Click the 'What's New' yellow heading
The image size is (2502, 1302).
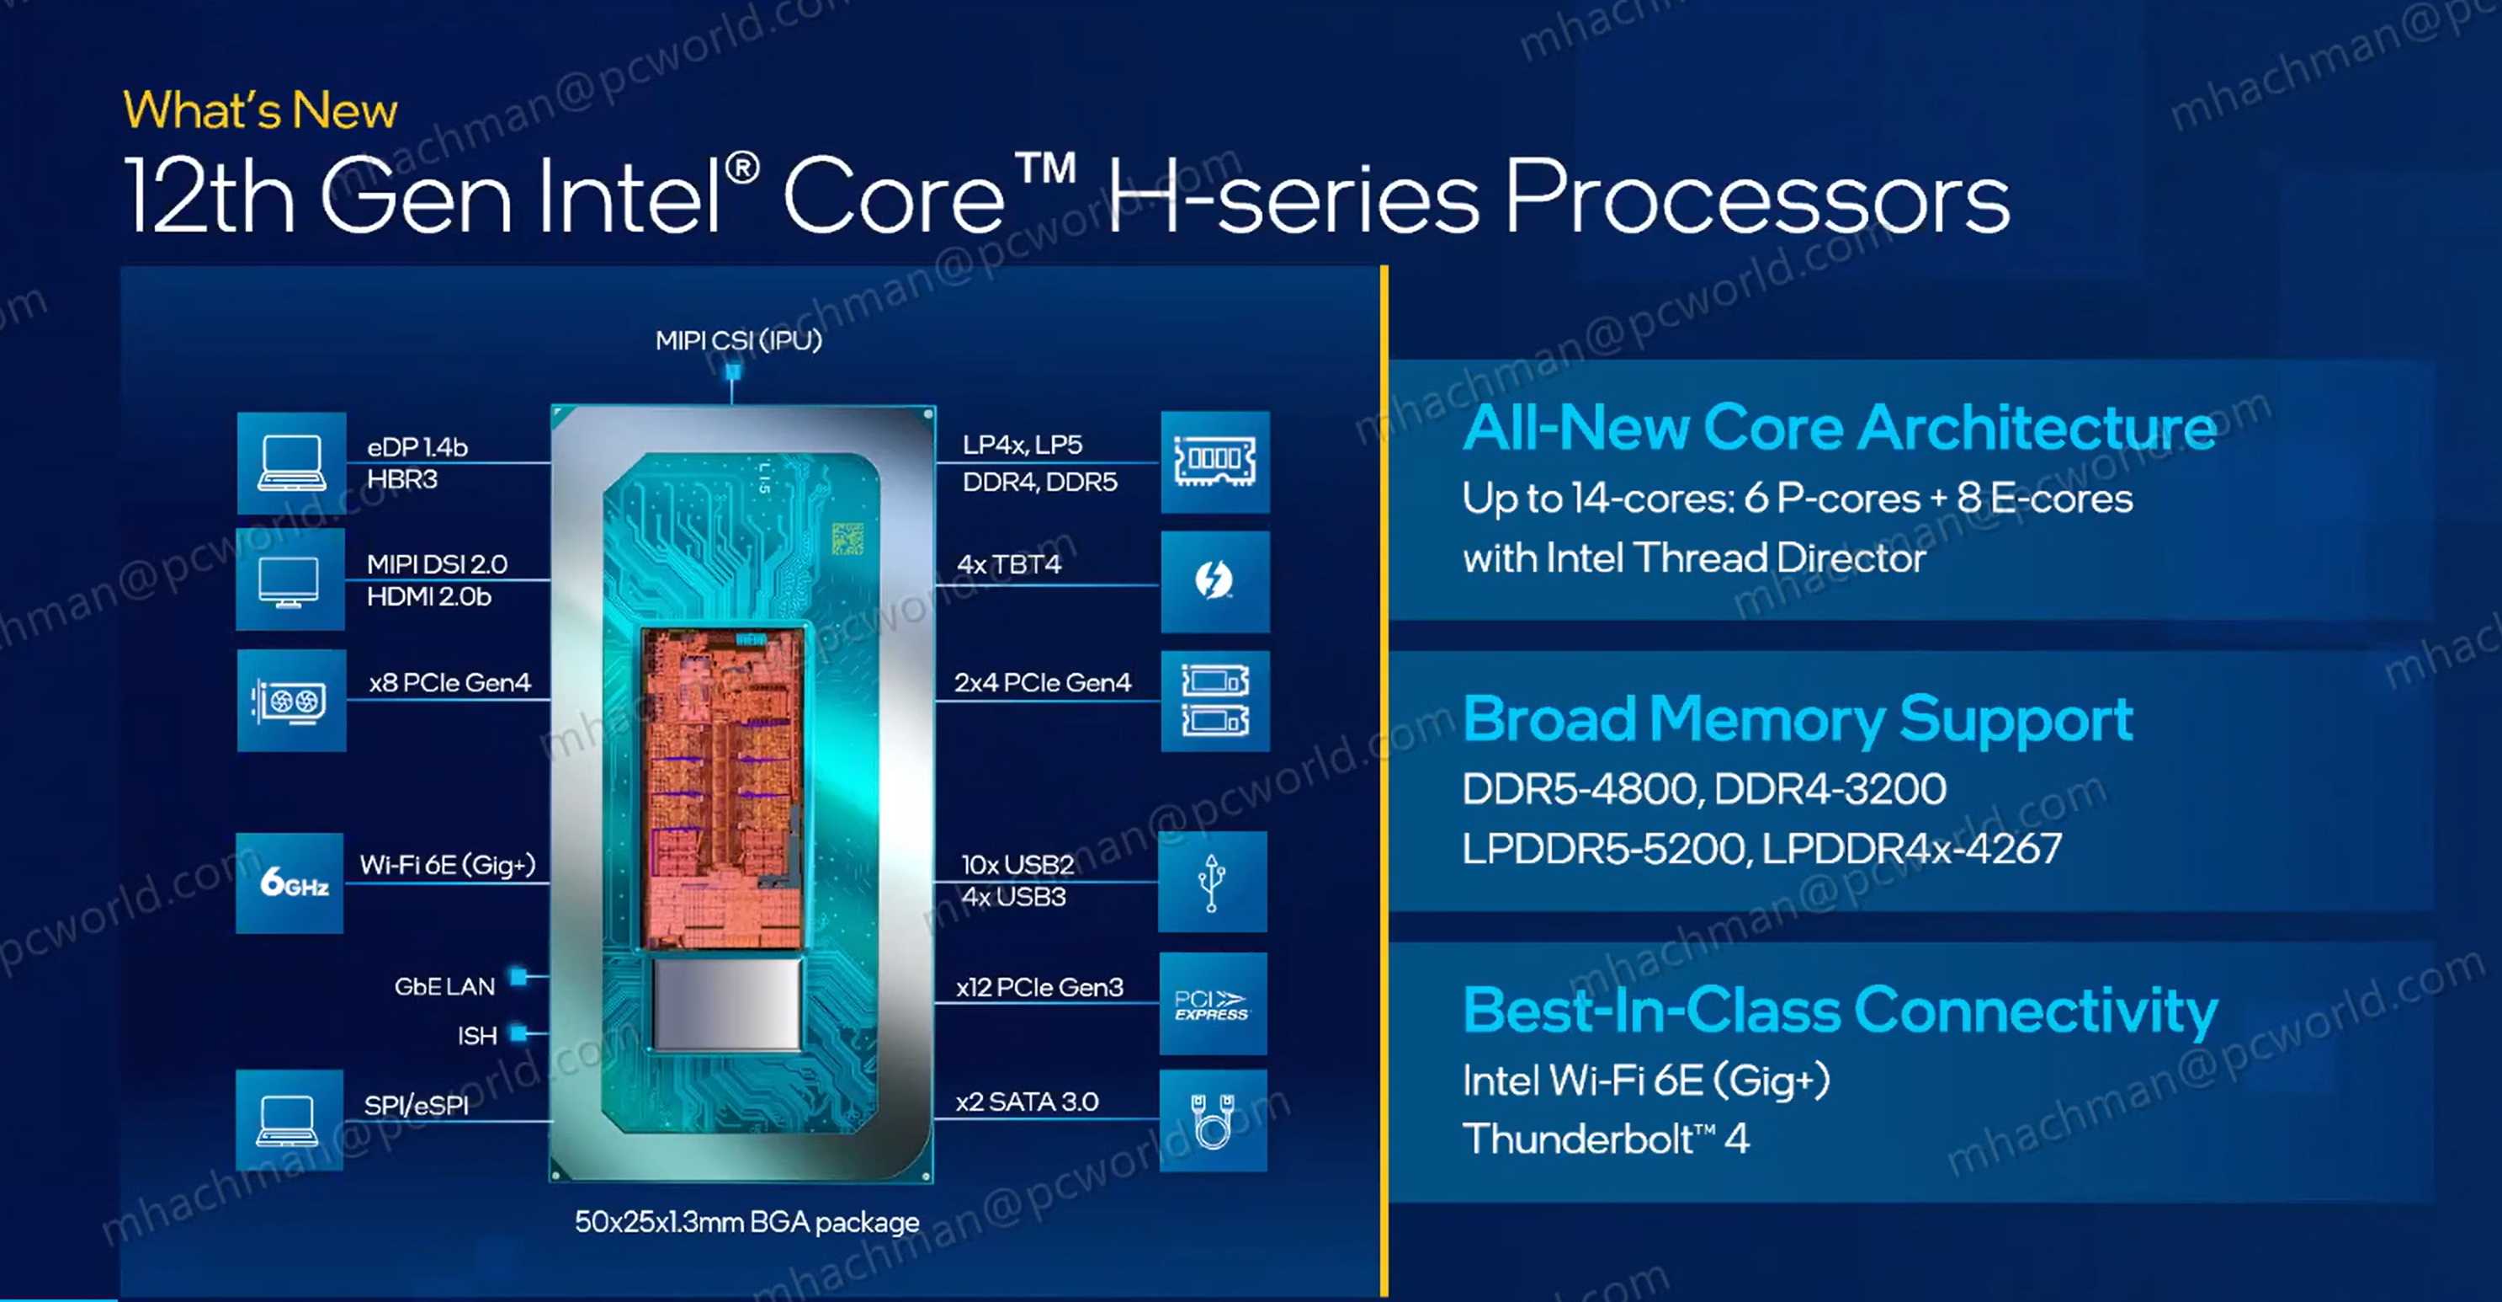click(260, 109)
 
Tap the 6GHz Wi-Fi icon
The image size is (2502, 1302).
click(290, 883)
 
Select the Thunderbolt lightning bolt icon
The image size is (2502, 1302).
click(1214, 581)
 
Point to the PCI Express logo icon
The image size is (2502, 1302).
click(1212, 1004)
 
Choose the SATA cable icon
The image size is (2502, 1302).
click(1212, 1120)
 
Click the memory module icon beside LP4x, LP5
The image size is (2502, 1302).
click(1214, 462)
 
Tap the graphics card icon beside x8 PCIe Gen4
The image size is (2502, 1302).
click(290, 701)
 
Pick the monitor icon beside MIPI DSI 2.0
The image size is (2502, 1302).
click(290, 581)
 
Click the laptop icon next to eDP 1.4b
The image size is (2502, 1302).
click(290, 462)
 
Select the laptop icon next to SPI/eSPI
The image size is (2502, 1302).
click(289, 1120)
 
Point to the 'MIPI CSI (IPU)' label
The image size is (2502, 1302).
click(738, 340)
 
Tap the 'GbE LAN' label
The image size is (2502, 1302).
click(445, 986)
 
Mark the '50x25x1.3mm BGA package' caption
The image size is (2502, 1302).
click(746, 1221)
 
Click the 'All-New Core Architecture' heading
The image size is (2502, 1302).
click(1839, 428)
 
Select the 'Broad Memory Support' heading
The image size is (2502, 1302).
click(1797, 719)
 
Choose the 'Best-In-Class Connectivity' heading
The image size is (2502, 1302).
click(1840, 1011)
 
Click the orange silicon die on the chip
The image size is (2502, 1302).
click(723, 787)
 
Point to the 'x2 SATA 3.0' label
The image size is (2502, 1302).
click(1027, 1101)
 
